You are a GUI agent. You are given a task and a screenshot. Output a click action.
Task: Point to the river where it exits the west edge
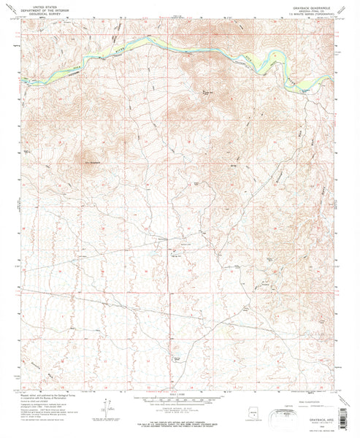coord(24,78)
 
